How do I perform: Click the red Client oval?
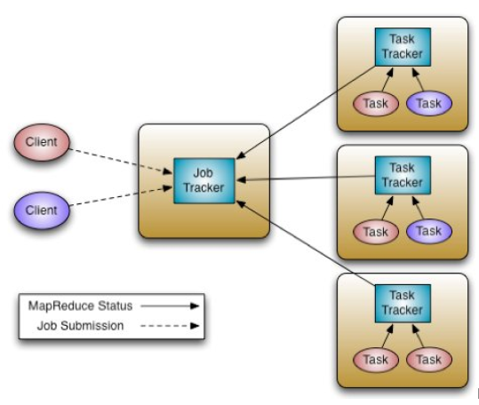[x=42, y=142]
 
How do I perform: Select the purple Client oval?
[x=42, y=210]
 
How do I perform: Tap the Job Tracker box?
[x=204, y=180]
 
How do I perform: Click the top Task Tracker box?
[x=403, y=47]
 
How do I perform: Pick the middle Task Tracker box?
[x=403, y=175]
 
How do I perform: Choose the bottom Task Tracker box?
[x=403, y=304]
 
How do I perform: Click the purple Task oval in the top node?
[x=429, y=103]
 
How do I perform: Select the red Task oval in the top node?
[x=376, y=103]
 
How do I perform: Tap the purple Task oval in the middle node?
[x=429, y=231]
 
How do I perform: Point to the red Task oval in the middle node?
[x=376, y=232]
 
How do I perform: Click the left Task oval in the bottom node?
[x=376, y=360]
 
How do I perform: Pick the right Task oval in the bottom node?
[x=429, y=360]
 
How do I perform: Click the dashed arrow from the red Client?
[x=121, y=162]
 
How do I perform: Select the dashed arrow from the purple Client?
[x=121, y=196]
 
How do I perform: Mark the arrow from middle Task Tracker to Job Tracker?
[x=306, y=178]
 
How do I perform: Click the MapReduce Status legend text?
[x=80, y=306]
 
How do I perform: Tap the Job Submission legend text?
[x=80, y=326]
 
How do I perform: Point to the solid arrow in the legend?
[x=170, y=306]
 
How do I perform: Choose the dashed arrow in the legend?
[x=170, y=326]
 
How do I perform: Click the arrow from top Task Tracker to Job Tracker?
[x=306, y=112]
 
